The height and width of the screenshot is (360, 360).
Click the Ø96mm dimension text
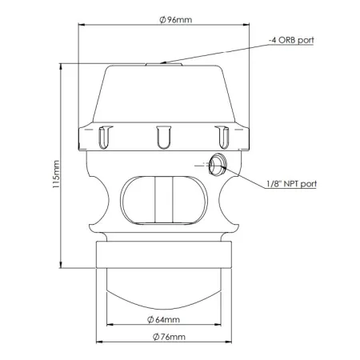coord(170,18)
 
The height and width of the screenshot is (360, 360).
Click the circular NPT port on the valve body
coord(217,166)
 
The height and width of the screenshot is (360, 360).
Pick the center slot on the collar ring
coord(163,137)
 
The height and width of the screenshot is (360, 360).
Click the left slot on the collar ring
coord(103,137)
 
